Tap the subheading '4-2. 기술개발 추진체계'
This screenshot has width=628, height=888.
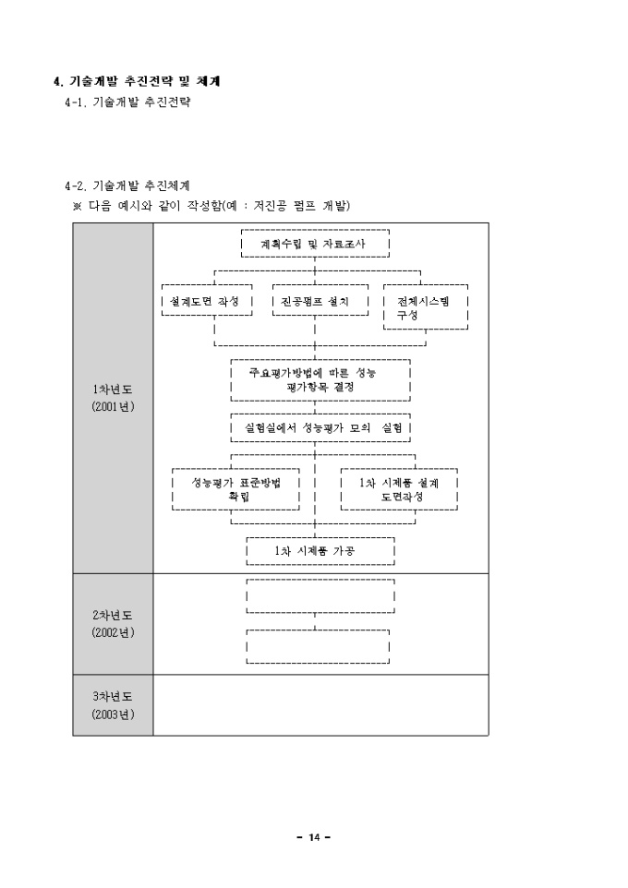point(127,186)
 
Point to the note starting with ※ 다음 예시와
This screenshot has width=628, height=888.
point(211,205)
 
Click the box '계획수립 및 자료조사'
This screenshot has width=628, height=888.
point(314,245)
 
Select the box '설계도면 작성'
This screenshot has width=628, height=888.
point(206,302)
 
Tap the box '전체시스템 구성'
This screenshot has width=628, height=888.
point(426,308)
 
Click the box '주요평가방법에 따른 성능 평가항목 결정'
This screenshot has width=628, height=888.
point(320,380)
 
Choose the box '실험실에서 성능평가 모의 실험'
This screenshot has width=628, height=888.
point(320,428)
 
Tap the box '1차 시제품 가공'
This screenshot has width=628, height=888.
point(320,551)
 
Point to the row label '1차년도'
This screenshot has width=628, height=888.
point(113,390)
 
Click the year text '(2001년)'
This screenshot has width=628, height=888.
point(113,406)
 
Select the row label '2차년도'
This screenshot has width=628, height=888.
point(113,615)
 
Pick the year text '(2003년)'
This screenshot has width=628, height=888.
point(113,714)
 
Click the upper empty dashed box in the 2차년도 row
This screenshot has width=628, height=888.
point(320,595)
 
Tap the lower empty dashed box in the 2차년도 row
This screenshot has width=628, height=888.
point(318,646)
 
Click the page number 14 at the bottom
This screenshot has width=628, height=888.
point(314,837)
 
